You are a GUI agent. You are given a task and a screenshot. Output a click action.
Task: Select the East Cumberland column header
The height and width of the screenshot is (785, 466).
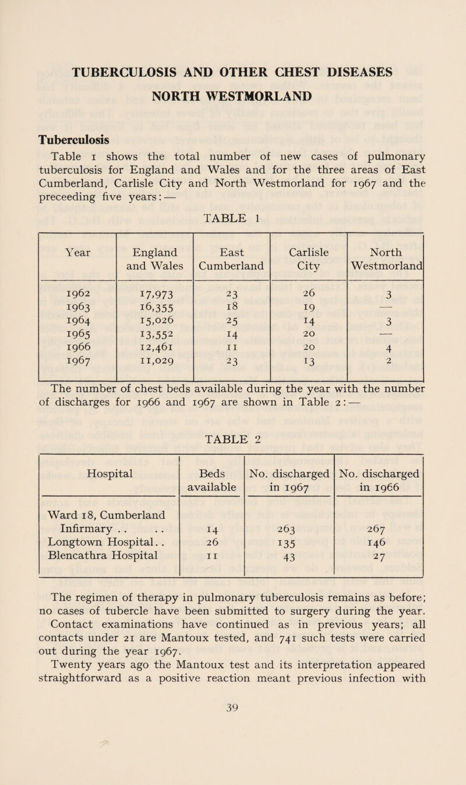point(232,248)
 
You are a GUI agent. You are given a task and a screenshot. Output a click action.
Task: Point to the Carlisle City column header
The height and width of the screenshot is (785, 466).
point(309,248)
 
